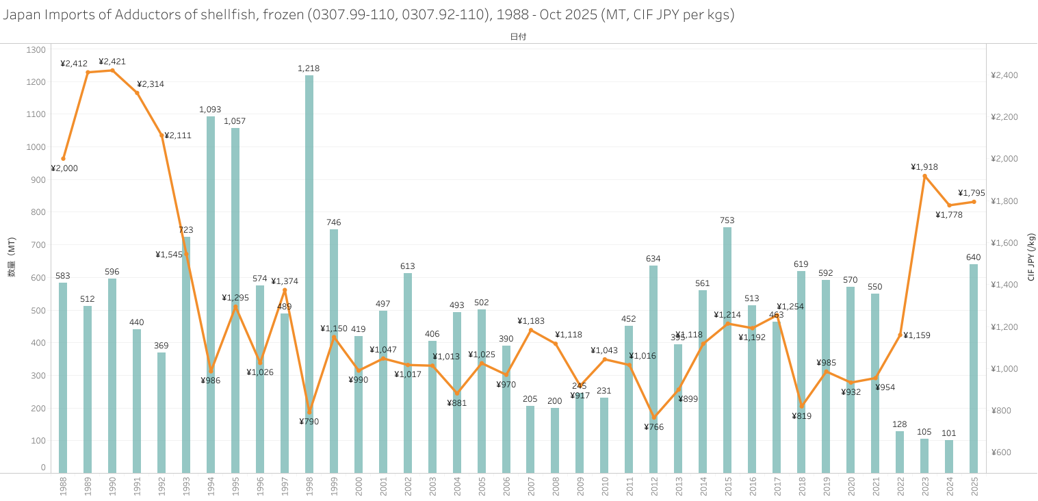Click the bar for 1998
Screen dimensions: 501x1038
coord(309,274)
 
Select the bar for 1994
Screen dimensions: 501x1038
coord(211,294)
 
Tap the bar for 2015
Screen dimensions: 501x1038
coord(727,349)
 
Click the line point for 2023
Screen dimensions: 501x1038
coord(924,176)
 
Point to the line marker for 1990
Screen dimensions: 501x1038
coord(112,70)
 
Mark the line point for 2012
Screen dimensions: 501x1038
coord(653,417)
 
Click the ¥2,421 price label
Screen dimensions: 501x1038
coord(112,61)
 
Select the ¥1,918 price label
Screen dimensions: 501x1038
coord(924,167)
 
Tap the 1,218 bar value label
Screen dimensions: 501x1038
coord(309,68)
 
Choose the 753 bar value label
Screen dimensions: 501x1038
coord(727,220)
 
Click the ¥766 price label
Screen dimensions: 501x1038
coord(653,427)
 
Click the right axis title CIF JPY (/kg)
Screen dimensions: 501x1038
coord(1031,257)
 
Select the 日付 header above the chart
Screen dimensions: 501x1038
coord(518,36)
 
